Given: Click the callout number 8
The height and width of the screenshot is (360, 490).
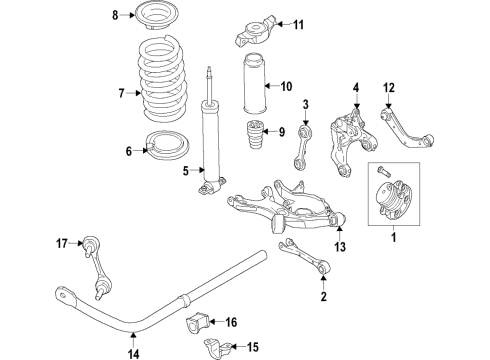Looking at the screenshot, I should pyautogui.click(x=115, y=14).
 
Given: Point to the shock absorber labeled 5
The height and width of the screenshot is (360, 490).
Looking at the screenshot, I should pyautogui.click(x=212, y=140).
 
